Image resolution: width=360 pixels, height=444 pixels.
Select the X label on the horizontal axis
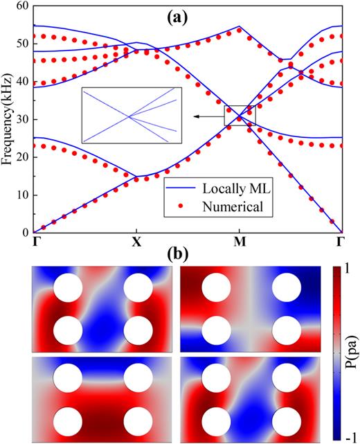coord(136,242)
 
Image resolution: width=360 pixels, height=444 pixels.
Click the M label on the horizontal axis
coord(239,242)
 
